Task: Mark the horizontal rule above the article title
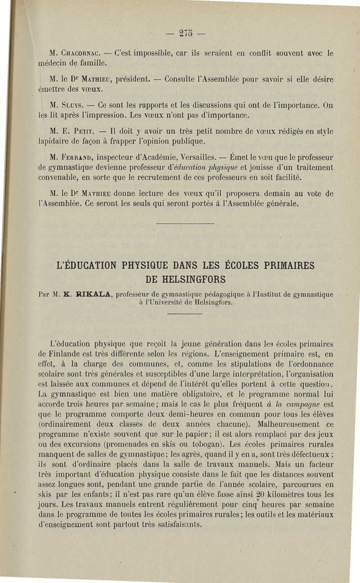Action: [184, 224]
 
